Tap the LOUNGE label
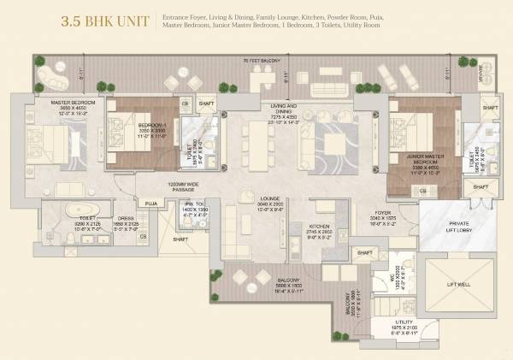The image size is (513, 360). click(272, 198)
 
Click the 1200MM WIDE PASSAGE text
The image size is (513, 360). click(182, 186)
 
